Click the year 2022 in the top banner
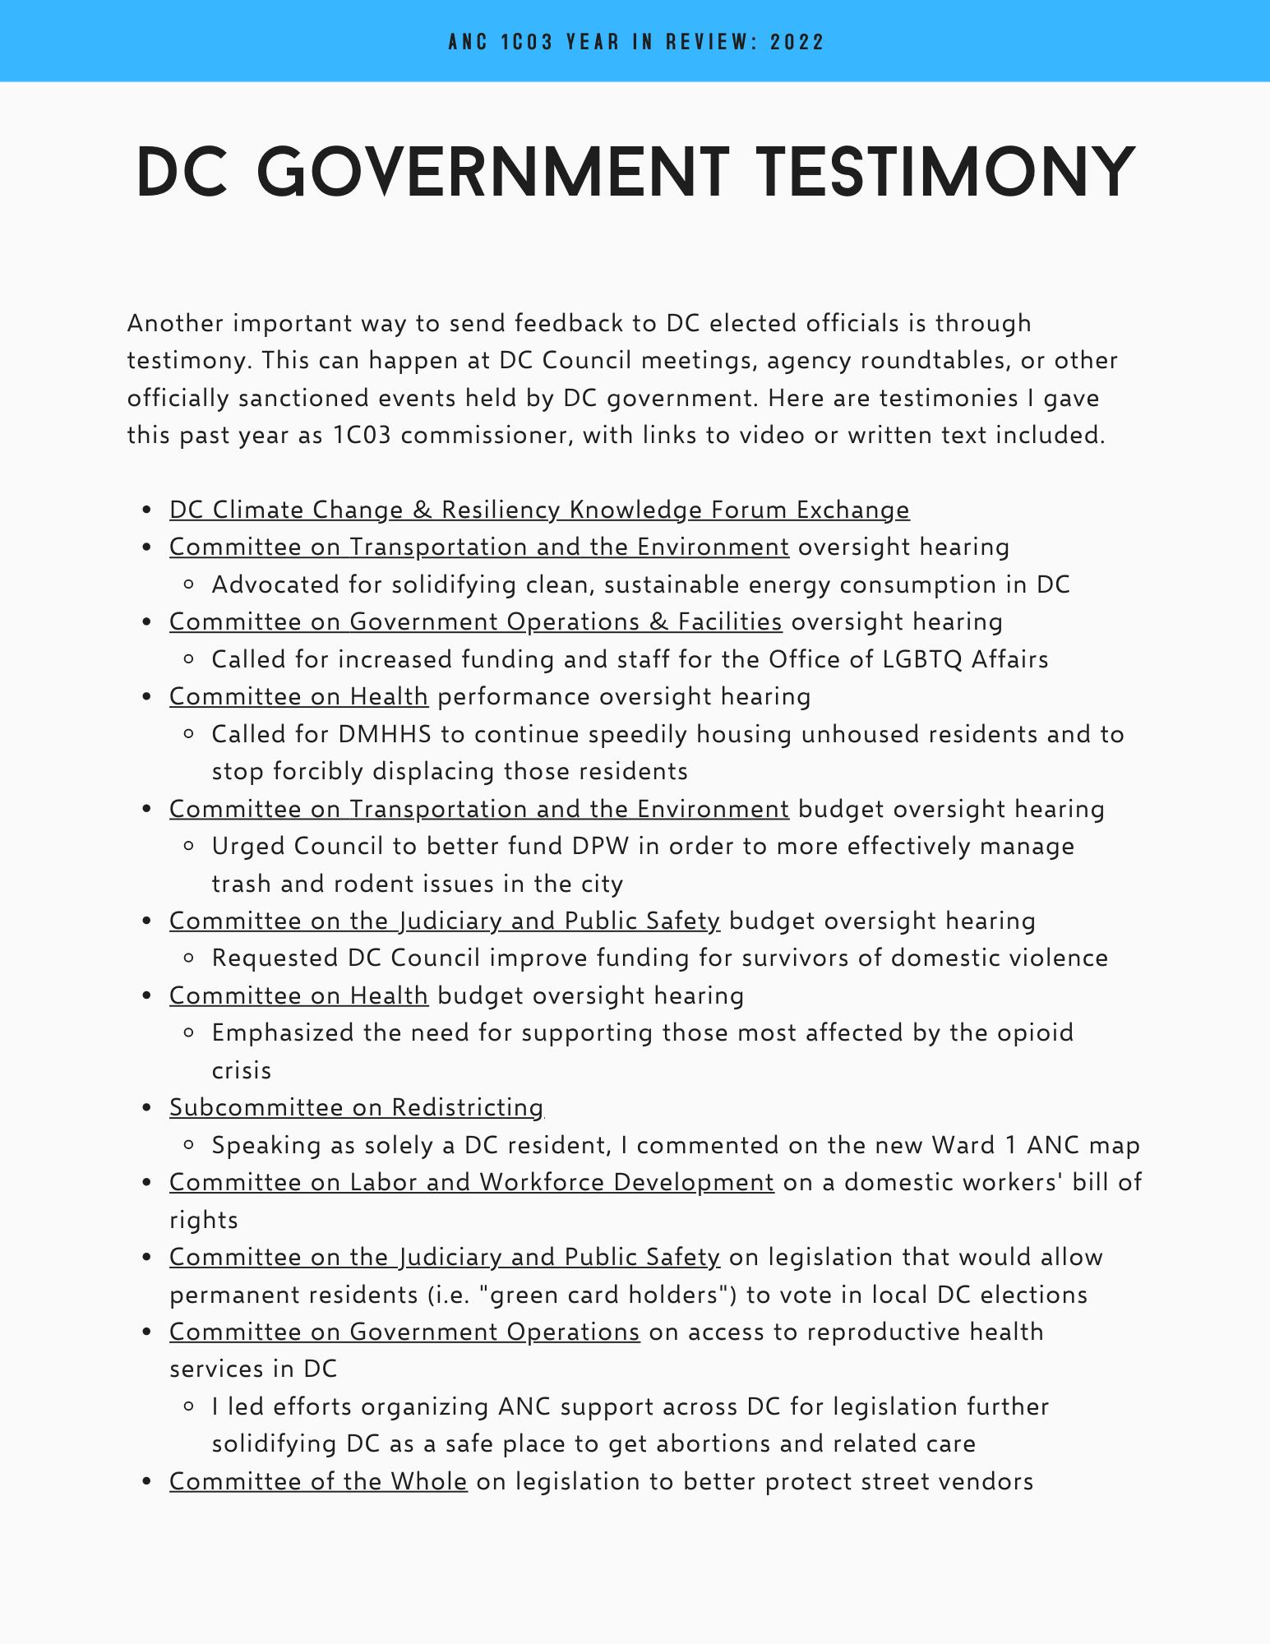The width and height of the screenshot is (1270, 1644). click(x=797, y=42)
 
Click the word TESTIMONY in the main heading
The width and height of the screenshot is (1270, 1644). click(x=945, y=173)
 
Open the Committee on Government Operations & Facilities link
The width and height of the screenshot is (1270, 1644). click(x=475, y=622)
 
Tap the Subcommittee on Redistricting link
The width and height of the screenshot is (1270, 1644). click(x=356, y=1108)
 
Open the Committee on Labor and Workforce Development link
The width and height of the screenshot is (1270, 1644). click(x=471, y=1183)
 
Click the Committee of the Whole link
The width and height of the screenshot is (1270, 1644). click(x=318, y=1482)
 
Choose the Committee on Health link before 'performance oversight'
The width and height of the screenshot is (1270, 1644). click(x=298, y=697)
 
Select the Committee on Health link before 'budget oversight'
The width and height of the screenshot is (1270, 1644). click(x=298, y=996)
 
